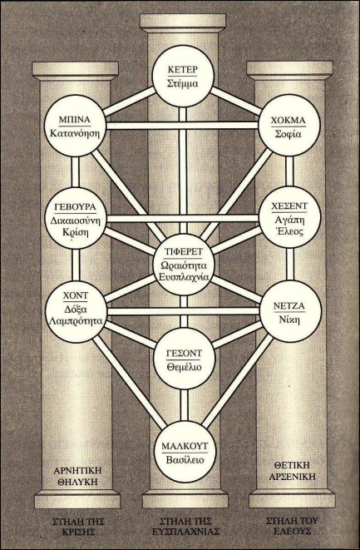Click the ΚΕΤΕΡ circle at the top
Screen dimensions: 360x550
183,76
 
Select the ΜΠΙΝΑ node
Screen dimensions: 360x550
75,126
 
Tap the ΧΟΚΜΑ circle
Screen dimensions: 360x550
289,126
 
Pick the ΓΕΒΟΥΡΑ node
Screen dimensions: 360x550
76,218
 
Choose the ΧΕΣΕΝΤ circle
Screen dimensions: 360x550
289,217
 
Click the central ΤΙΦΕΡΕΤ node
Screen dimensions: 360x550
185,265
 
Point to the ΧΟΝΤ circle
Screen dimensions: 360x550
76,311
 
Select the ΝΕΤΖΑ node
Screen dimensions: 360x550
290,311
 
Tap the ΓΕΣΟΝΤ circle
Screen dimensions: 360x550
185,359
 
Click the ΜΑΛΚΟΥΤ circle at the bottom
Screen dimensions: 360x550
185,452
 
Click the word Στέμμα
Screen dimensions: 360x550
182,84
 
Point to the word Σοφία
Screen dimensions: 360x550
288,134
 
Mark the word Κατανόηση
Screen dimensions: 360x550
75,134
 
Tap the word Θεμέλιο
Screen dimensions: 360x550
184,367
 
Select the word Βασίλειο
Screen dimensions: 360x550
185,460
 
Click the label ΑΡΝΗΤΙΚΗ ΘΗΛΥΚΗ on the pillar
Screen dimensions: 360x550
77,476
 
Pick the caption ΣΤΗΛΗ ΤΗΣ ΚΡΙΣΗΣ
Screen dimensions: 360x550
78,527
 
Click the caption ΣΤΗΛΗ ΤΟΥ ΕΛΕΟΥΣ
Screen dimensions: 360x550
293,525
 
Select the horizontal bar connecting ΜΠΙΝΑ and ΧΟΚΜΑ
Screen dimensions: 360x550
182,126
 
